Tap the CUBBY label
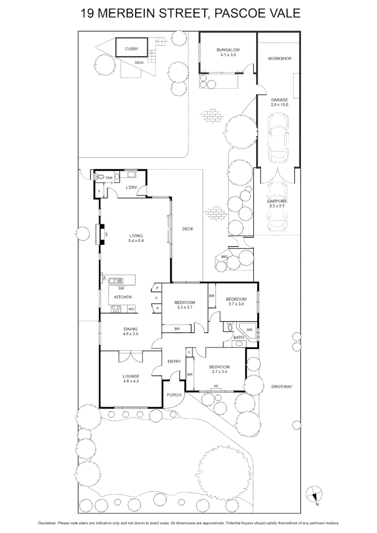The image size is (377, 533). (x=131, y=49)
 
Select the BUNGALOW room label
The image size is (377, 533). (x=228, y=50)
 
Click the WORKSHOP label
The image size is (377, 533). (x=280, y=59)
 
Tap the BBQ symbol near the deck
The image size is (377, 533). (x=225, y=257)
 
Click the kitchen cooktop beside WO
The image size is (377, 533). (x=117, y=309)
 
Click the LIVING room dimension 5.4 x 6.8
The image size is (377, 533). (x=136, y=240)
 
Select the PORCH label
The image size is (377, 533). (x=174, y=395)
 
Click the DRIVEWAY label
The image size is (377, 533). (x=282, y=386)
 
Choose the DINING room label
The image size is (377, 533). (x=131, y=329)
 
